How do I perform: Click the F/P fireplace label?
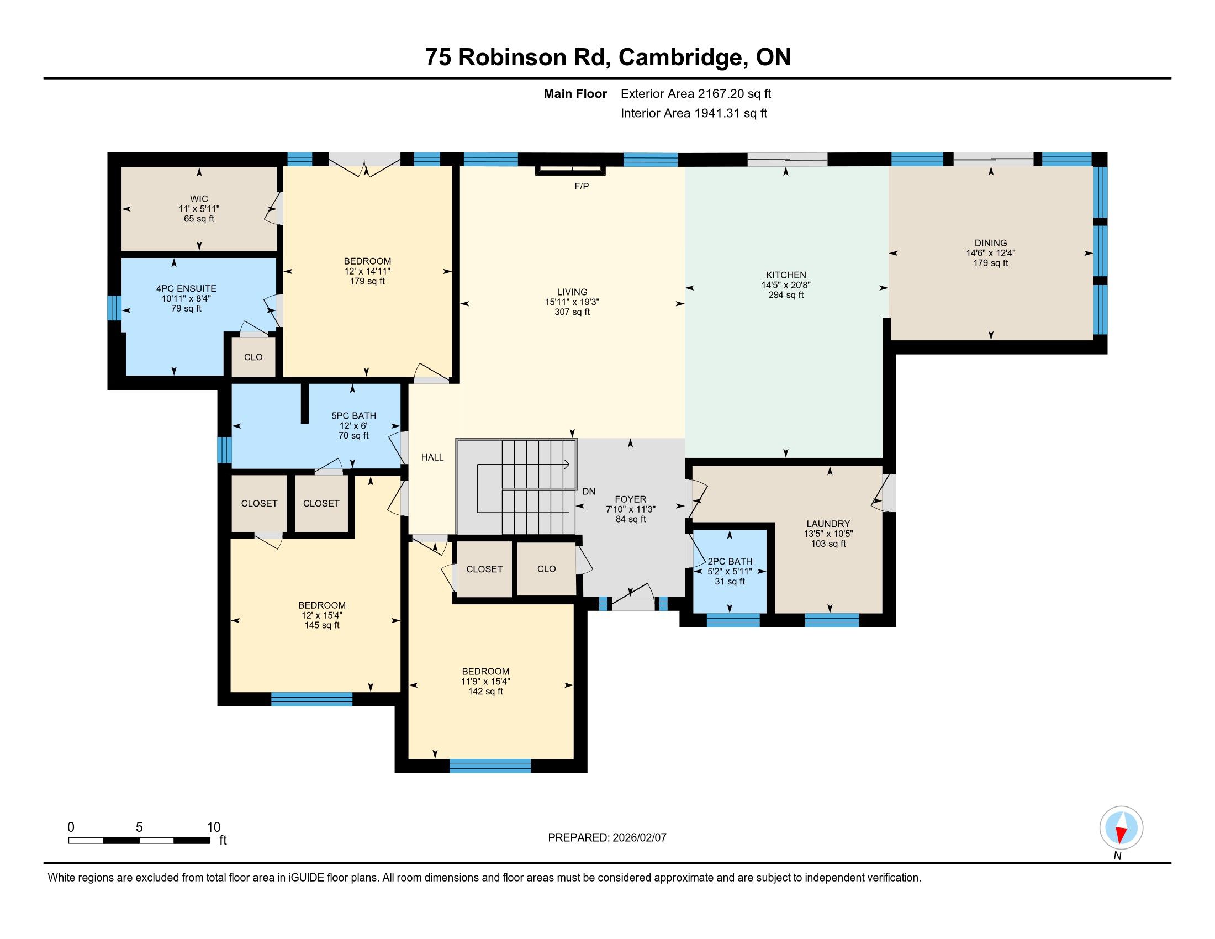582,186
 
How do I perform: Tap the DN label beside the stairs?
589,491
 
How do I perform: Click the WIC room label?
199,199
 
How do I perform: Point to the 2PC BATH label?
730,561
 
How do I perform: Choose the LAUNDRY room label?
828,524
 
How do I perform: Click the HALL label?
432,457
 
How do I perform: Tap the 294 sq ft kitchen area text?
785,295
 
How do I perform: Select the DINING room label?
991,242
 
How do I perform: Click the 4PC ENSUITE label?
186,288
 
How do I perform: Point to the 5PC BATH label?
354,415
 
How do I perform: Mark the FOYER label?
630,499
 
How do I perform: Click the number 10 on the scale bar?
214,827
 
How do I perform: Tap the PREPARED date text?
607,837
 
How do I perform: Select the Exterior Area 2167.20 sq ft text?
696,93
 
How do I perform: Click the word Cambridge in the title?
683,57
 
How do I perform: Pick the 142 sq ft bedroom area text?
485,692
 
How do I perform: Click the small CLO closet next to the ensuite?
253,357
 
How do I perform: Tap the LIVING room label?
572,292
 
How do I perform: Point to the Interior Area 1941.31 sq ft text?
694,113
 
